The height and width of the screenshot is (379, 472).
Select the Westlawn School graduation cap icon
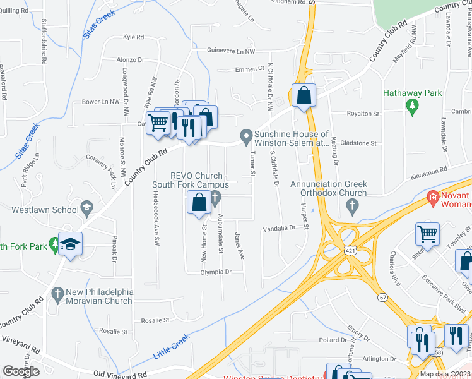[86, 208]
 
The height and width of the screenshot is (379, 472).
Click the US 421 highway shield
[349, 250]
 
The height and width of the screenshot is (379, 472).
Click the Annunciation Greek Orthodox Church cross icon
[352, 205]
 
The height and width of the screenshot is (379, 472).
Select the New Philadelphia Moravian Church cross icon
[57, 294]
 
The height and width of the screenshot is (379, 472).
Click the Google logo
[21, 371]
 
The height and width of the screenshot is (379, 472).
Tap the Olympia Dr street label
[216, 272]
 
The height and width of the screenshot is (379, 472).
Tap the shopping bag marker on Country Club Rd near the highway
[304, 96]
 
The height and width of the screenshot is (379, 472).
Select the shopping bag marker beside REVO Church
[199, 203]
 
